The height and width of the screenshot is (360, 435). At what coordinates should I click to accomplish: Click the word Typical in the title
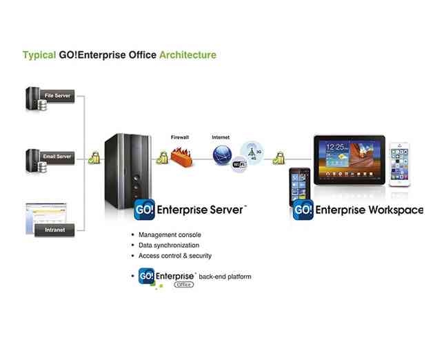[38, 55]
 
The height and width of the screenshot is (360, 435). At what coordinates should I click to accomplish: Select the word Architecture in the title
[188, 55]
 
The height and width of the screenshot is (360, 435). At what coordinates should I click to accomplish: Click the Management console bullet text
[170, 234]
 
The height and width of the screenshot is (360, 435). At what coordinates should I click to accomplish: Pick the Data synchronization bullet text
[169, 245]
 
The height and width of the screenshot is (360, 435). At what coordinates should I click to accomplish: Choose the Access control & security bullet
[175, 256]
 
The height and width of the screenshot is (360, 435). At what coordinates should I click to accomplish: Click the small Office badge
[183, 283]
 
